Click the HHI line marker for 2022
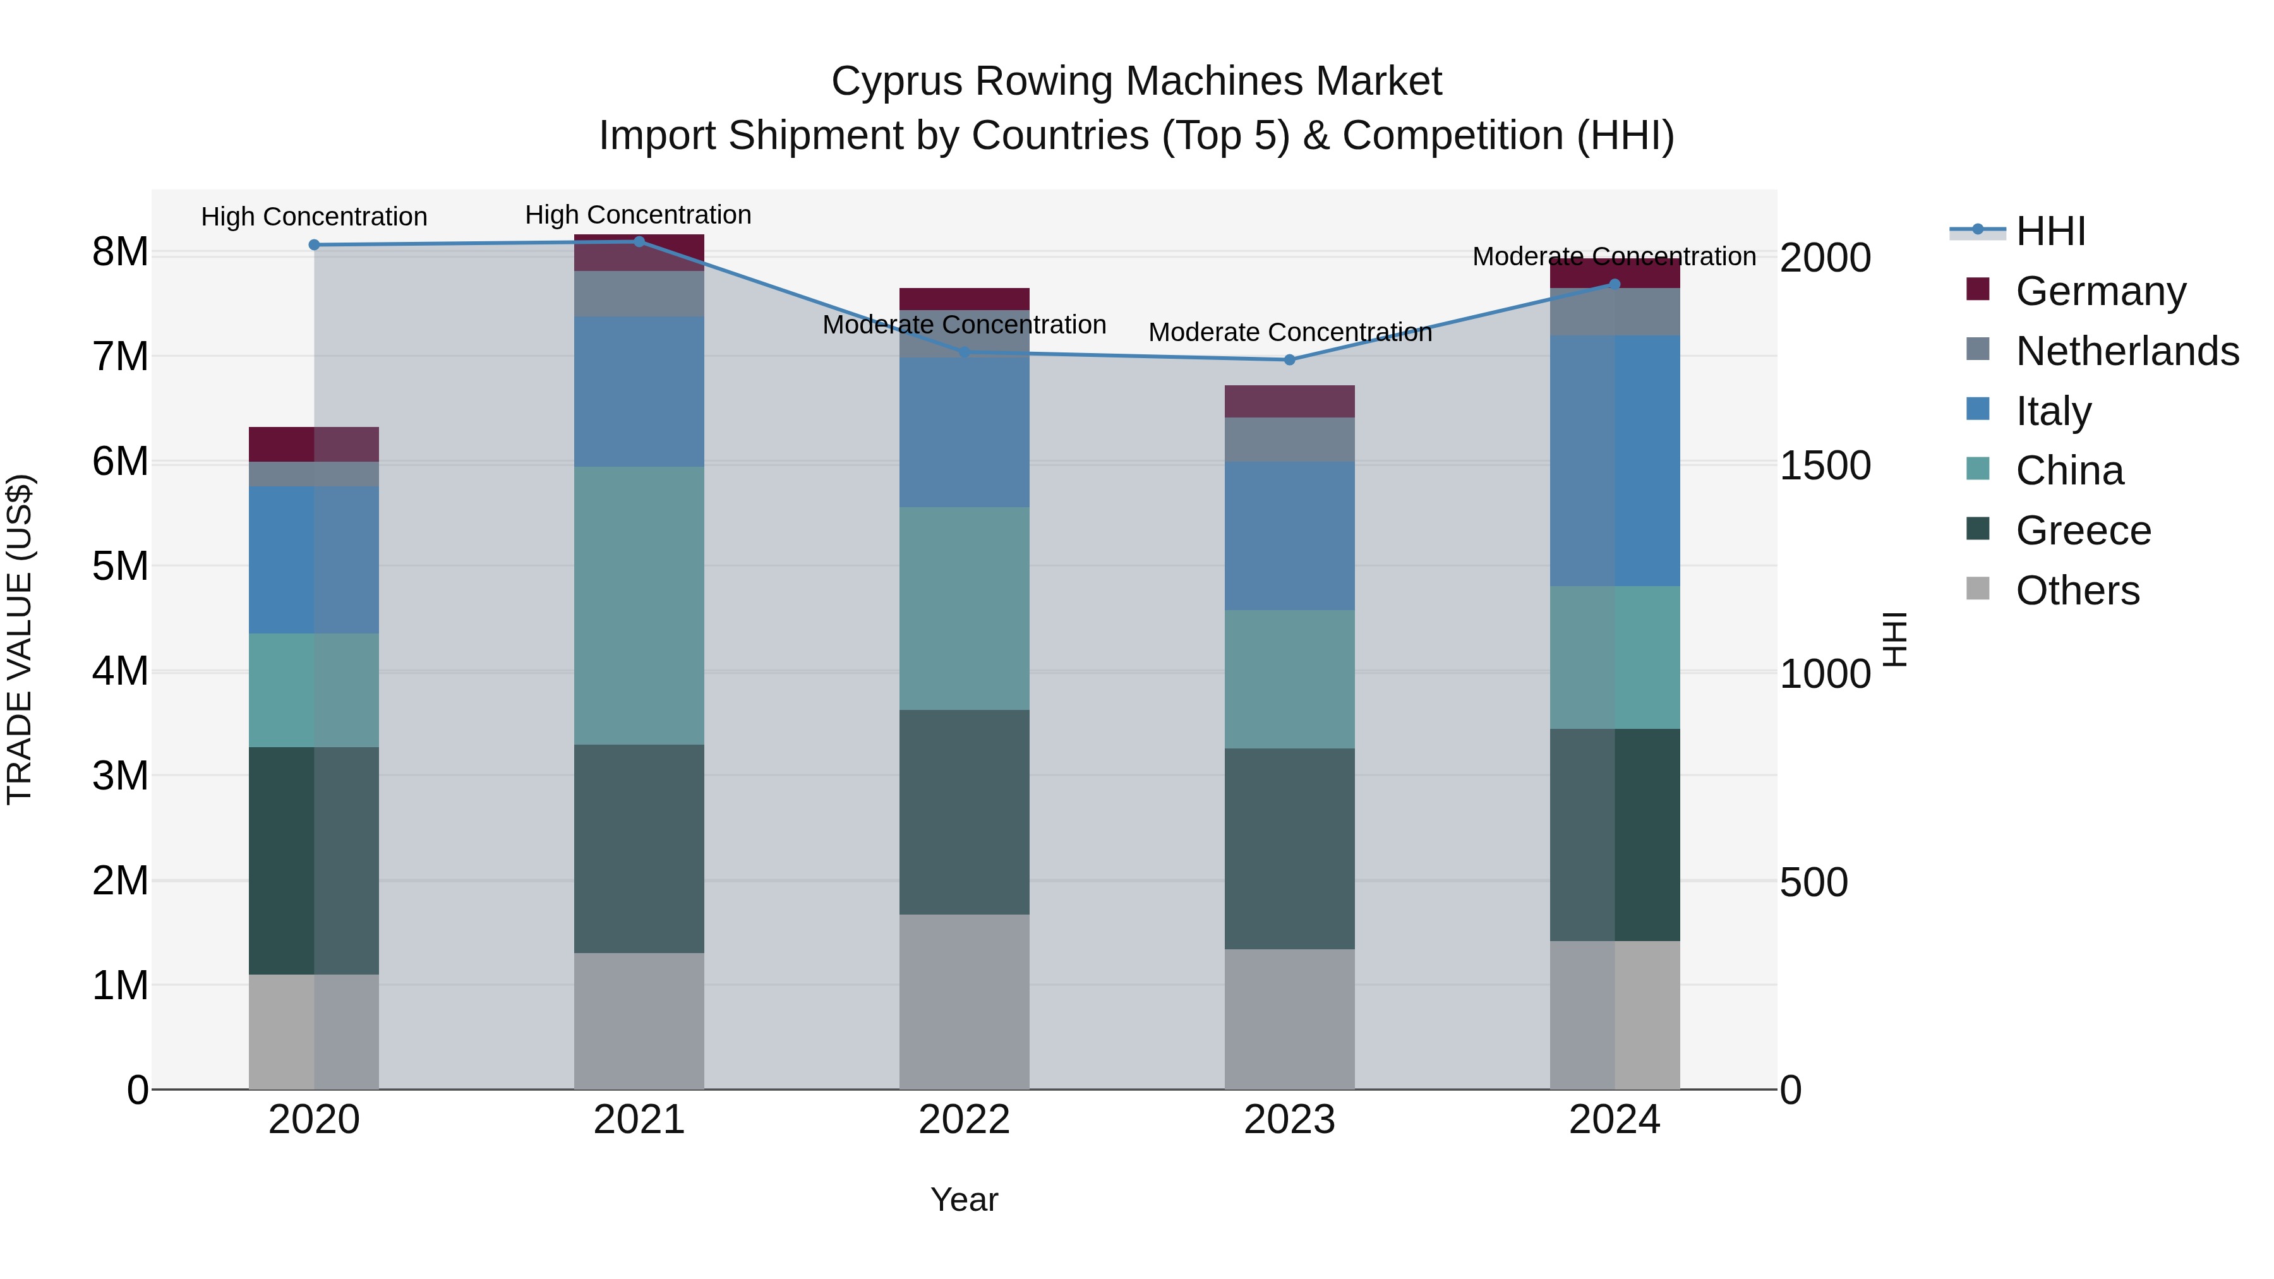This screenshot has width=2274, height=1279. (x=964, y=352)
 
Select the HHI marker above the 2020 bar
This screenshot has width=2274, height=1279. (x=315, y=244)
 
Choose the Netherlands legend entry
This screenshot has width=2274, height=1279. (x=2126, y=351)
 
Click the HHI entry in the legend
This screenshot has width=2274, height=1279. (x=2050, y=231)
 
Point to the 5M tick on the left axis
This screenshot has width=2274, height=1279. (x=120, y=566)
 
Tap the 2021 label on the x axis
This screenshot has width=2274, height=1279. (x=639, y=1120)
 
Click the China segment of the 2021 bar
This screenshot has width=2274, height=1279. (x=639, y=606)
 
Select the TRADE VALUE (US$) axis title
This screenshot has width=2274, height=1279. (x=20, y=639)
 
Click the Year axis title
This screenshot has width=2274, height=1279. (x=964, y=1199)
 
